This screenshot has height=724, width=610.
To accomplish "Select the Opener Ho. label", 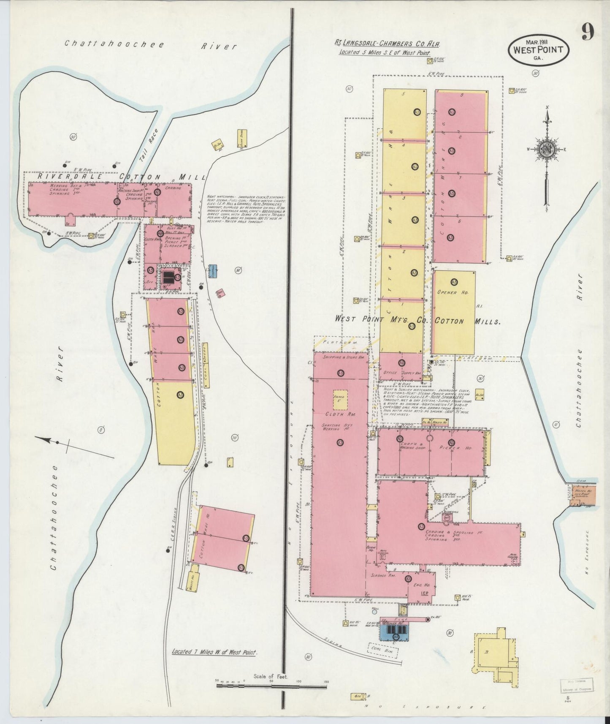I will [453, 292].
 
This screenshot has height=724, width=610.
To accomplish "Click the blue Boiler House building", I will [395, 632].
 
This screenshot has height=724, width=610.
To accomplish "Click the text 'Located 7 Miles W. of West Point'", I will [214, 664].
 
